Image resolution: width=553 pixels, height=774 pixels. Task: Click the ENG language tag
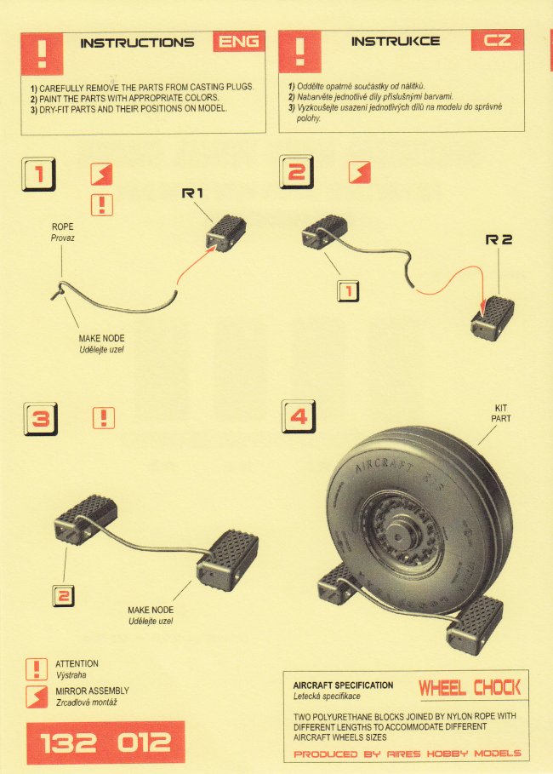click(239, 42)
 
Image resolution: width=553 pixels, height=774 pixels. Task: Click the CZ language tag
click(497, 39)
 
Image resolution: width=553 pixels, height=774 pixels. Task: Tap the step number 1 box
click(38, 174)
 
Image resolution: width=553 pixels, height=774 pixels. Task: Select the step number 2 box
click(296, 172)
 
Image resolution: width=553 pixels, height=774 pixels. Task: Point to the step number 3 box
click(41, 419)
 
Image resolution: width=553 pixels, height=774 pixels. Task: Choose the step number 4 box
click(299, 416)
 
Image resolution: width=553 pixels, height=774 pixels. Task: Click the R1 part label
click(192, 193)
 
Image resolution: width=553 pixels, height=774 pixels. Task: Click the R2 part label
click(499, 239)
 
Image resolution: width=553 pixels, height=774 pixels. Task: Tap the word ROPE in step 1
click(63, 226)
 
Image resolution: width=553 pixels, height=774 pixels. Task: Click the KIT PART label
click(501, 413)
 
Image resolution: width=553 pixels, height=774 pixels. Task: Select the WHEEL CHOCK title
click(470, 688)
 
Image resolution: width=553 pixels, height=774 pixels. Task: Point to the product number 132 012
click(105, 742)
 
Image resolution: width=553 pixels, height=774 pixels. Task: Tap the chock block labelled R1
click(225, 232)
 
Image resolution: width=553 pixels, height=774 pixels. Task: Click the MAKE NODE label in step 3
click(151, 610)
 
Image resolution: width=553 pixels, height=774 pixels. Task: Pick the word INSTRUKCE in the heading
click(396, 41)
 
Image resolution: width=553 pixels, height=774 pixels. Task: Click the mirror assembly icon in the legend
click(37, 696)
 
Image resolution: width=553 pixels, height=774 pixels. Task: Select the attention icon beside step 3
click(104, 418)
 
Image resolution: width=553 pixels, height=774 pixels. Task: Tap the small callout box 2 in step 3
click(63, 596)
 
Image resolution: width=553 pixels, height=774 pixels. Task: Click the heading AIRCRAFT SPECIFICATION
click(344, 685)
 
